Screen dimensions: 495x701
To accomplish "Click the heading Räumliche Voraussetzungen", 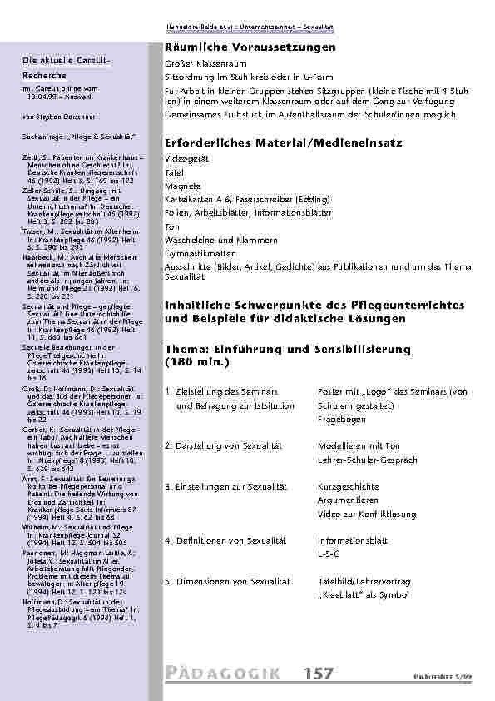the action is [250, 49].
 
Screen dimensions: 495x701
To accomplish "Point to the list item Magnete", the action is [181, 186].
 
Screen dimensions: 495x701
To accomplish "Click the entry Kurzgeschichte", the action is [346, 485].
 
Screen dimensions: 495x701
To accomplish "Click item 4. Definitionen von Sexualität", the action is [226, 540].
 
